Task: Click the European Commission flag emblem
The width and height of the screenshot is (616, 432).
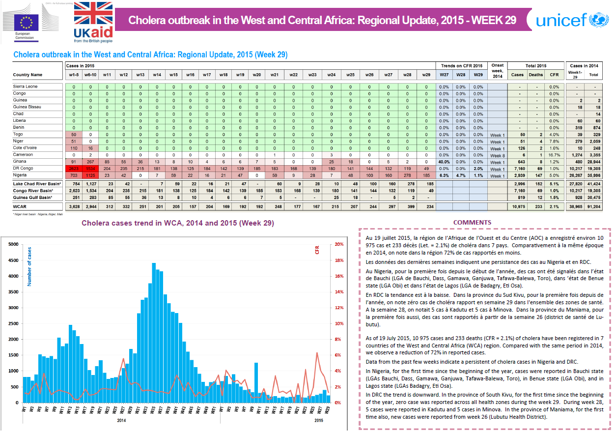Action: (26, 22)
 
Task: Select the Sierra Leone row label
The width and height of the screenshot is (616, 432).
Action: (25, 86)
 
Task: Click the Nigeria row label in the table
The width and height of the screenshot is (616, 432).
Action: (21, 175)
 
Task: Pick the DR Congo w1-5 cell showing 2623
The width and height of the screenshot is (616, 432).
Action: (74, 168)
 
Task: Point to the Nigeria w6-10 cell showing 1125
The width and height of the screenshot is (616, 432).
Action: (90, 175)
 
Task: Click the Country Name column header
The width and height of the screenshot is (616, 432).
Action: (28, 75)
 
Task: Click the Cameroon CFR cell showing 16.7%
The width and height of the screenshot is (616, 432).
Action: (554, 155)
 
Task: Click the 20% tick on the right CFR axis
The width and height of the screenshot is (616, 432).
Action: (339, 244)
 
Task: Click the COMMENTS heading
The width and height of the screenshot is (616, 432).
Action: (472, 223)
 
